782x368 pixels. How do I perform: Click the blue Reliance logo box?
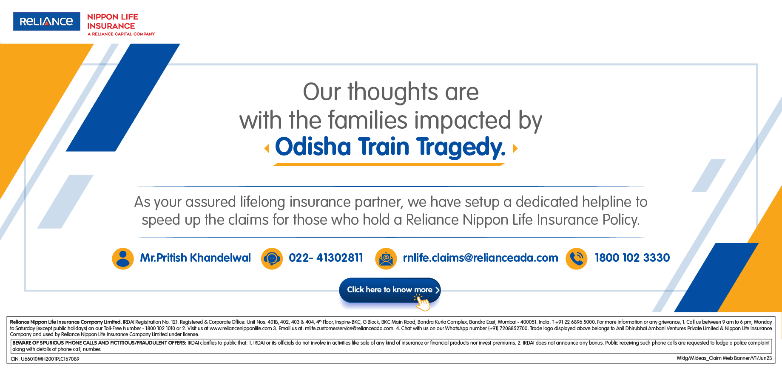pyautogui.click(x=46, y=21)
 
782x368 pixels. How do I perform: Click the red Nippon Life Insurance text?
pyautogui.click(x=113, y=21)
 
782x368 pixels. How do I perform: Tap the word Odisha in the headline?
pyautogui.click(x=313, y=147)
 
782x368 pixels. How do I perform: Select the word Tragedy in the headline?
pyautogui.click(x=461, y=147)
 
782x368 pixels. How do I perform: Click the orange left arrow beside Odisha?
pyautogui.click(x=267, y=148)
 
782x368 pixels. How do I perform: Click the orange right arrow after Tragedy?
pyautogui.click(x=515, y=148)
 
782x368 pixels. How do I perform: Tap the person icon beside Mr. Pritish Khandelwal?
pyautogui.click(x=123, y=258)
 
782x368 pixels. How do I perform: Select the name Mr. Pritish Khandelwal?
pyautogui.click(x=196, y=258)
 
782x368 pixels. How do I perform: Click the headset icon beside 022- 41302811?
pyautogui.click(x=272, y=258)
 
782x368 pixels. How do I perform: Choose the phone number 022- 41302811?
pyautogui.click(x=326, y=258)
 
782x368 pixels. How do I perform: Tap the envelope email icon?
pyautogui.click(x=386, y=258)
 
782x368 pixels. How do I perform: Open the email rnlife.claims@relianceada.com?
pyautogui.click(x=481, y=258)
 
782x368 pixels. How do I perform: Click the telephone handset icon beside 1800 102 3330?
pyautogui.click(x=577, y=258)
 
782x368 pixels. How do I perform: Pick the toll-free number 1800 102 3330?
pyautogui.click(x=632, y=258)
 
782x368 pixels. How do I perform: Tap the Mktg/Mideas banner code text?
pyautogui.click(x=724, y=358)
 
